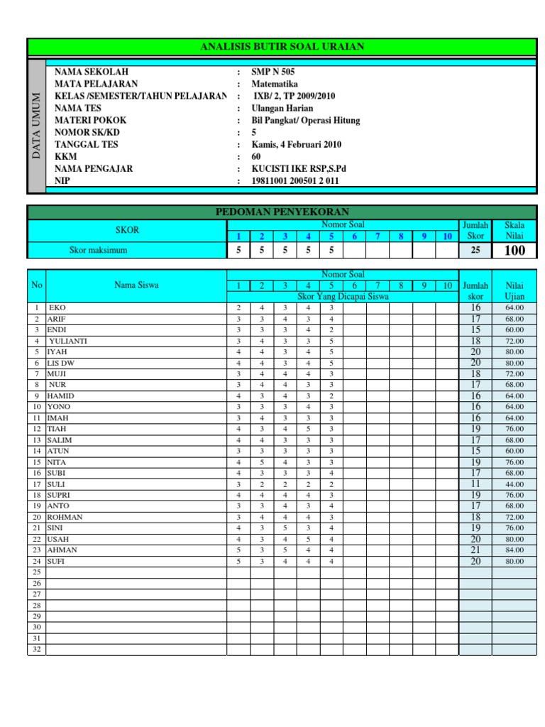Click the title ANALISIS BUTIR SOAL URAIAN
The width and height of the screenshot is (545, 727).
tap(282, 47)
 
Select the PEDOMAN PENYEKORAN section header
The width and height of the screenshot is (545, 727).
tap(282, 212)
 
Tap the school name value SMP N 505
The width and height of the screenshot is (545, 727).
tap(273, 72)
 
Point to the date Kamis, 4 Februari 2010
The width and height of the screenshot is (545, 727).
tap(297, 145)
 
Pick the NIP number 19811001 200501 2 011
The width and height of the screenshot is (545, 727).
tap(295, 181)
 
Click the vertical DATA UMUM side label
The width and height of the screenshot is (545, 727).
tap(37, 126)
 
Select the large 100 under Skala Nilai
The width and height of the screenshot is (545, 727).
tap(514, 251)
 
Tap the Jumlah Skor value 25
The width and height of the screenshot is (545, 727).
tap(475, 251)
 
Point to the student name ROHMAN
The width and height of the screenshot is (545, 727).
tap(65, 517)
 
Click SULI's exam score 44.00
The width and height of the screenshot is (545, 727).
tap(514, 484)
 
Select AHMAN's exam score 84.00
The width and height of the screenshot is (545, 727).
tap(514, 550)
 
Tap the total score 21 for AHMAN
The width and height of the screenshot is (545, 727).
tap(475, 550)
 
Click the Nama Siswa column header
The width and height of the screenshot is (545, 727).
tap(136, 285)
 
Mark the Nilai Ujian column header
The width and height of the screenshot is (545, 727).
tap(514, 290)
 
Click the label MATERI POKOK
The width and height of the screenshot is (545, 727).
tap(90, 121)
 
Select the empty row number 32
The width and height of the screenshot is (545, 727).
tap(37, 650)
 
